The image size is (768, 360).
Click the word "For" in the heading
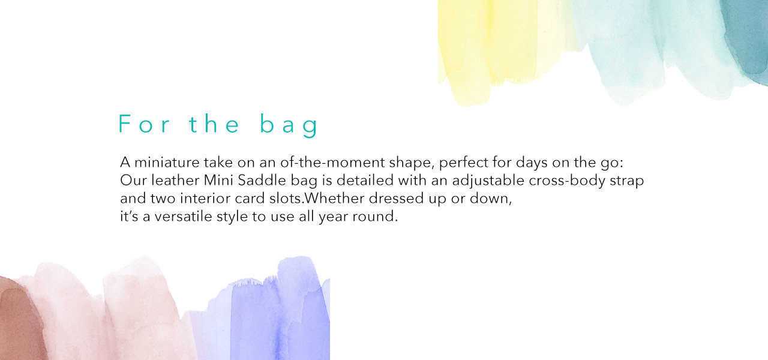(x=144, y=124)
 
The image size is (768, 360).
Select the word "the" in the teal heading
(x=214, y=124)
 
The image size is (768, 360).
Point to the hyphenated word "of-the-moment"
(x=332, y=162)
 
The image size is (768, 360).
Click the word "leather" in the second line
(x=175, y=181)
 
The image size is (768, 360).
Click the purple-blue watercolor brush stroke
(x=274, y=316)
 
